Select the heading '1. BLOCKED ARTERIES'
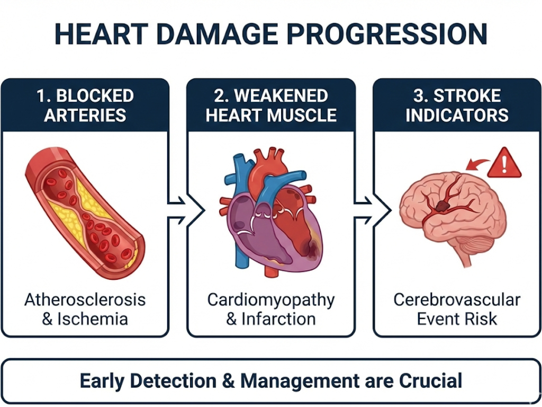pos(85,105)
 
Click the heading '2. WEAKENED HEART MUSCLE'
pos(271,105)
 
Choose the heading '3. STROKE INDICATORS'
pos(457,105)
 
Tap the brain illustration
pos(453,212)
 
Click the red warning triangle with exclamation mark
pos(504,163)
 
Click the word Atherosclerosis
pos(85,300)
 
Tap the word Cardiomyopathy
pos(271,300)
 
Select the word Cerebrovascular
pos(457,300)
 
